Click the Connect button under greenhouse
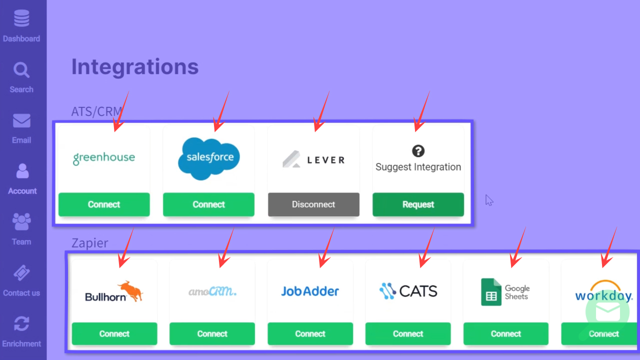click(x=104, y=204)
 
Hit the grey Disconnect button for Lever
click(x=313, y=204)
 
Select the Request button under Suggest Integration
click(x=418, y=204)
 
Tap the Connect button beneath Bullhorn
click(x=114, y=334)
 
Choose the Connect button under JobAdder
click(x=310, y=334)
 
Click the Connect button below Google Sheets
click(x=506, y=334)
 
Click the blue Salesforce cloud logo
click(x=209, y=158)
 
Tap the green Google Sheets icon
click(x=491, y=292)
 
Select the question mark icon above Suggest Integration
click(x=418, y=150)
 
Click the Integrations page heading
click(x=135, y=66)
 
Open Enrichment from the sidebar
click(x=21, y=330)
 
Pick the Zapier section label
click(x=90, y=243)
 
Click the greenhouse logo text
click(x=104, y=157)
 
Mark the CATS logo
click(x=408, y=290)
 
